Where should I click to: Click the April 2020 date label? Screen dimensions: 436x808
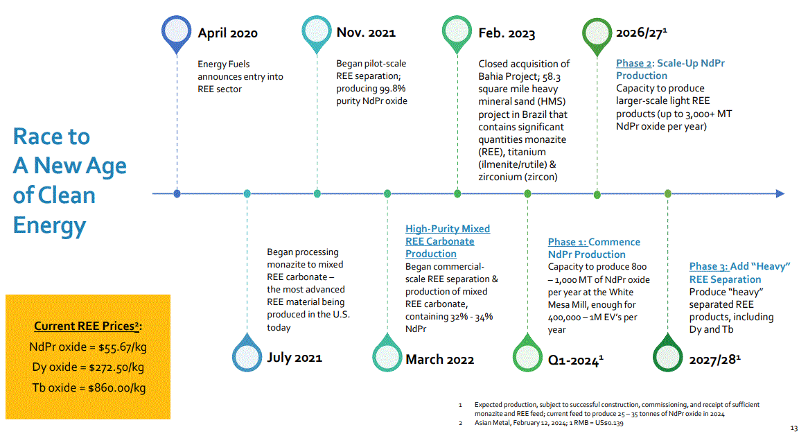[227, 33]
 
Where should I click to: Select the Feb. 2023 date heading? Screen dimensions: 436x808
[507, 33]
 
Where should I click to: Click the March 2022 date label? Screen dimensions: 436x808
[439, 359]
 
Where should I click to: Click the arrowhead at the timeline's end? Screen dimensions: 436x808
[780, 193]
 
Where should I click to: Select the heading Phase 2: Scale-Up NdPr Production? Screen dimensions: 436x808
[670, 69]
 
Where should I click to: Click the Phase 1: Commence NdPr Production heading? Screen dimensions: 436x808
[594, 248]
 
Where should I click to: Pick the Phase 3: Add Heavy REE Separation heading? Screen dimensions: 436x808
[739, 272]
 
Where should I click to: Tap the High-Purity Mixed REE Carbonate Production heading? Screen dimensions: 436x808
[447, 241]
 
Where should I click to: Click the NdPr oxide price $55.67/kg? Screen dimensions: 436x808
[87, 347]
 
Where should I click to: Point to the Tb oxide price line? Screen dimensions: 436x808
[87, 388]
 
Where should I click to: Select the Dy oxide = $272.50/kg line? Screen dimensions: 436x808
[87, 367]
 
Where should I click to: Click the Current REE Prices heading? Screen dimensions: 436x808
[87, 326]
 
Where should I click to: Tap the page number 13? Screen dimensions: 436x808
[794, 428]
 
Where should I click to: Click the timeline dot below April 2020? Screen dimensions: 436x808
[177, 193]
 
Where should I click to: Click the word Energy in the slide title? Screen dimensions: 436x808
[49, 225]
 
